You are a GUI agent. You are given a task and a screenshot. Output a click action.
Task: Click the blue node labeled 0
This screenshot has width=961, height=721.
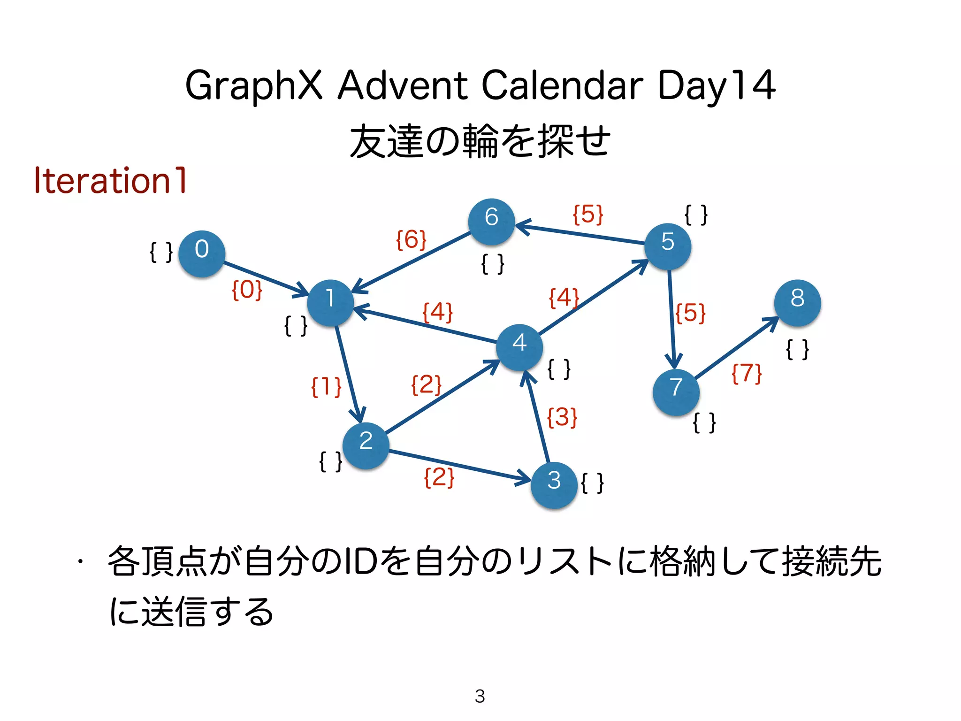click(202, 253)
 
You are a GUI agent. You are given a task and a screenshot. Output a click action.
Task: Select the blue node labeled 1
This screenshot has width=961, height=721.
click(330, 303)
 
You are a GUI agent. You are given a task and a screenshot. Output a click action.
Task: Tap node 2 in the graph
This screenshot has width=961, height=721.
click(366, 445)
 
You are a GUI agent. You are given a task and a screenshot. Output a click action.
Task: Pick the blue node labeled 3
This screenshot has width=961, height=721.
click(554, 485)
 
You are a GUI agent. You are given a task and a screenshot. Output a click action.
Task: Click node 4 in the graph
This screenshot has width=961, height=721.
click(519, 347)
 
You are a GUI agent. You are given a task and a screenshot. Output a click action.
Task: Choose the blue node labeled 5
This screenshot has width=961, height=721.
click(667, 246)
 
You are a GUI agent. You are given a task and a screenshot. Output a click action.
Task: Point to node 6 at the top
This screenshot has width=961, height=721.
click(491, 222)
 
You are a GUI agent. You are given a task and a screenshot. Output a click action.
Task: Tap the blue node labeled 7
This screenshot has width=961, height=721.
click(676, 392)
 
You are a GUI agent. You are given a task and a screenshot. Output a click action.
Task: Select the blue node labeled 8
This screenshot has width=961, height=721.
click(797, 303)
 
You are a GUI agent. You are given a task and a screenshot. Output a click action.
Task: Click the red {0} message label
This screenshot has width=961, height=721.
click(247, 290)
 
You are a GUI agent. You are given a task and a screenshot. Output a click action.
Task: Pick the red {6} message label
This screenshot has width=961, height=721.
click(411, 240)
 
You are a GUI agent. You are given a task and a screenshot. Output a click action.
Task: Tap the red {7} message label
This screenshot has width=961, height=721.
click(747, 374)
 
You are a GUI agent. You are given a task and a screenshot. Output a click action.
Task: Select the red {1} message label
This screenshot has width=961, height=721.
click(326, 387)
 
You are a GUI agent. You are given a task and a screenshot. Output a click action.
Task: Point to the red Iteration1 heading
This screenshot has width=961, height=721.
click(111, 180)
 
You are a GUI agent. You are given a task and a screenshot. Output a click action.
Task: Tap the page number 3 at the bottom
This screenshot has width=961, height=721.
click(480, 696)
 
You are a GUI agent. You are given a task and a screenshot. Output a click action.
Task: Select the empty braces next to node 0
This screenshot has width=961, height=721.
click(161, 252)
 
